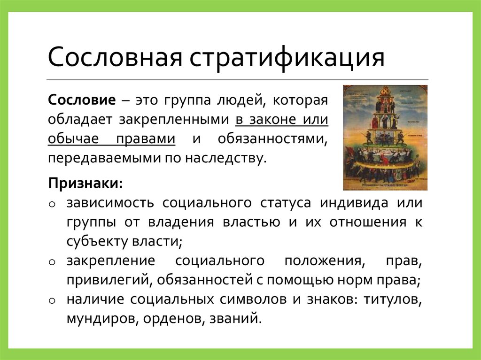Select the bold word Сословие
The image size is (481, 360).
(x=81, y=100)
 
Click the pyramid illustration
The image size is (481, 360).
(x=385, y=137)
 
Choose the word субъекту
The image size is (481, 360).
(x=92, y=242)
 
